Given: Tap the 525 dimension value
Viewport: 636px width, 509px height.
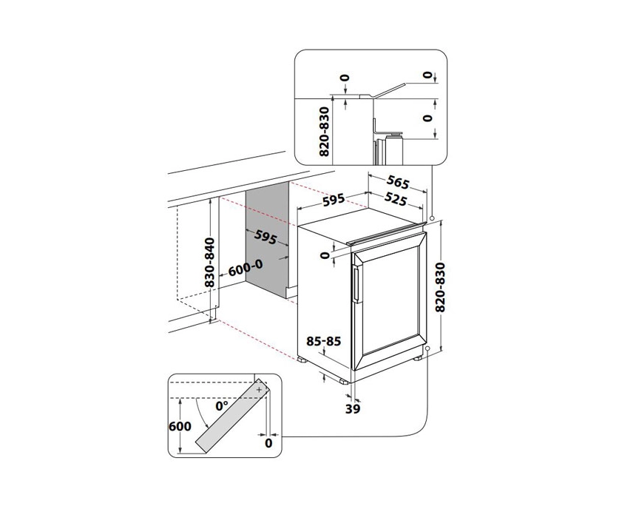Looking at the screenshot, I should click(396, 199).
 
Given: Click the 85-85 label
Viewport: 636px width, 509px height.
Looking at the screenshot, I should click(324, 341).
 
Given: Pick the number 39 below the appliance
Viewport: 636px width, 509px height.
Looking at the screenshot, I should click(352, 408).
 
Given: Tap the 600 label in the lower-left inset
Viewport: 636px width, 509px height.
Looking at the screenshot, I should click(180, 426).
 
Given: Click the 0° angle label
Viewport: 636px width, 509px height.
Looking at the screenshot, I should click(221, 406).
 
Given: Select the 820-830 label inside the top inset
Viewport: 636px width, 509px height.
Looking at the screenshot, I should click(322, 131).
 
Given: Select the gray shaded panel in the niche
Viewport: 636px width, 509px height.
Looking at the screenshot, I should click(268, 237).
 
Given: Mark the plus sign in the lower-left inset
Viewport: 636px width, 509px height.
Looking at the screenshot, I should click(259, 388).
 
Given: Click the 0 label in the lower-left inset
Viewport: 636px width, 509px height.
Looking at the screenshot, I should click(268, 442).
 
